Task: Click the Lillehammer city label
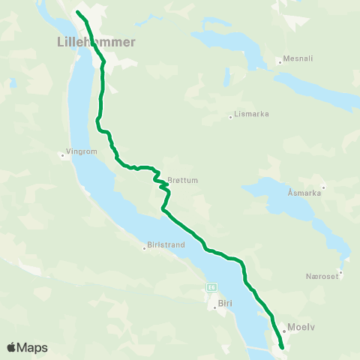[96, 42]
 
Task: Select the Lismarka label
[251, 114]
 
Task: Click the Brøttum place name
[183, 180]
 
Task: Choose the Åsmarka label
[304, 193]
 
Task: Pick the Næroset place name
[323, 276]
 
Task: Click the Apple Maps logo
[27, 347]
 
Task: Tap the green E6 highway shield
[212, 286]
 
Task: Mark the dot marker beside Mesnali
[278, 61]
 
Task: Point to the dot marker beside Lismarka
[230, 116]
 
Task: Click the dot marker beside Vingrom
[62, 156]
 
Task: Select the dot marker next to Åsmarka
[323, 187]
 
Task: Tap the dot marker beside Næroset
[340, 272]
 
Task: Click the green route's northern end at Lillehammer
[78, 12]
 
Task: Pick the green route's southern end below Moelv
[281, 346]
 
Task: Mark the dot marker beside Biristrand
[144, 248]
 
